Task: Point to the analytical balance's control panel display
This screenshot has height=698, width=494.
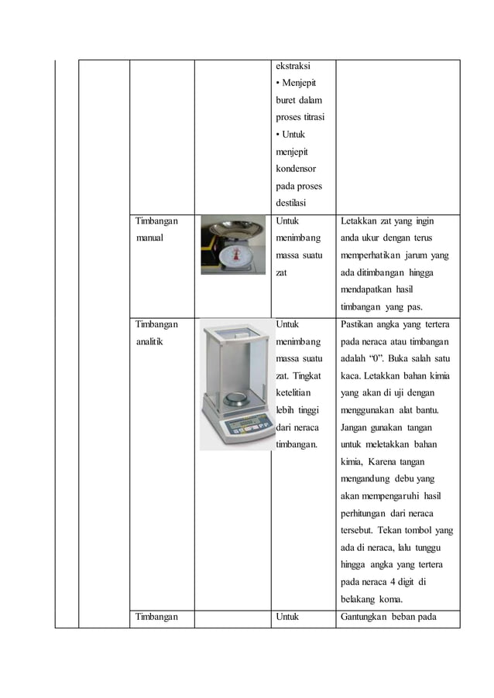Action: [232, 427]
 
